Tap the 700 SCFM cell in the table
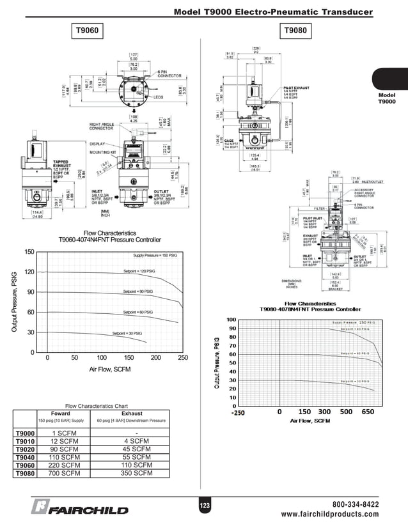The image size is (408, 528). pyautogui.click(x=65, y=474)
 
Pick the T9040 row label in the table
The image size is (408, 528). pyautogui.click(x=24, y=457)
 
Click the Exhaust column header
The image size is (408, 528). pyautogui.click(x=132, y=413)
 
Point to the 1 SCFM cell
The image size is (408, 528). pyautogui.click(x=65, y=433)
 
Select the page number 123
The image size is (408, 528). pyautogui.click(x=204, y=506)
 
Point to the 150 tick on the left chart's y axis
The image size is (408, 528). pyautogui.click(x=29, y=252)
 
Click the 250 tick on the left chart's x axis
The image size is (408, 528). pyautogui.click(x=182, y=359)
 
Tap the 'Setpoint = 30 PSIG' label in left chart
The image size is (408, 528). pyautogui.click(x=126, y=333)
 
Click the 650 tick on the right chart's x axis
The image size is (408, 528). pyautogui.click(x=367, y=412)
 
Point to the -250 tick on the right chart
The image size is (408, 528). pyautogui.click(x=238, y=412)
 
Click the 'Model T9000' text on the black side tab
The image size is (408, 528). pyautogui.click(x=387, y=98)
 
